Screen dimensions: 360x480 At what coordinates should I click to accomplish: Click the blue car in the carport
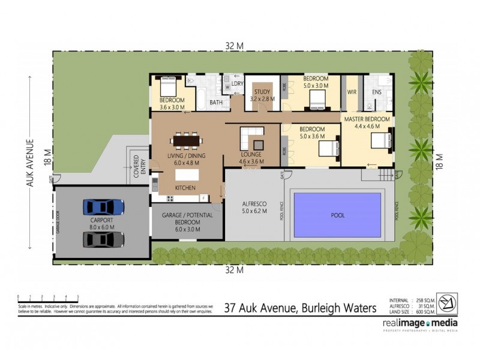pyautogui.click(x=104, y=206)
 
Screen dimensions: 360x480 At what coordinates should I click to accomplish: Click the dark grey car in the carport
pyautogui.click(x=104, y=239)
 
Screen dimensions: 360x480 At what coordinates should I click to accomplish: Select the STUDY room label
pyautogui.click(x=262, y=95)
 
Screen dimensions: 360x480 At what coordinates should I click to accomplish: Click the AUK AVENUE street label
pyautogui.click(x=29, y=163)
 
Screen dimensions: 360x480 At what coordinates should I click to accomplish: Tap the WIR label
pyautogui.click(x=352, y=92)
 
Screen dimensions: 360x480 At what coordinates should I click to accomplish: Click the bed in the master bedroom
pyautogui.click(x=379, y=141)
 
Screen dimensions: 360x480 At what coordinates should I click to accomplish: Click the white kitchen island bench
pyautogui.click(x=187, y=175)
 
